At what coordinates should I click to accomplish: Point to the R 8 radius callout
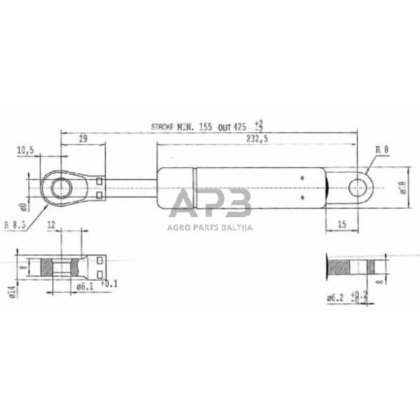382,151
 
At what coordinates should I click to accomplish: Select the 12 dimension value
51,224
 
